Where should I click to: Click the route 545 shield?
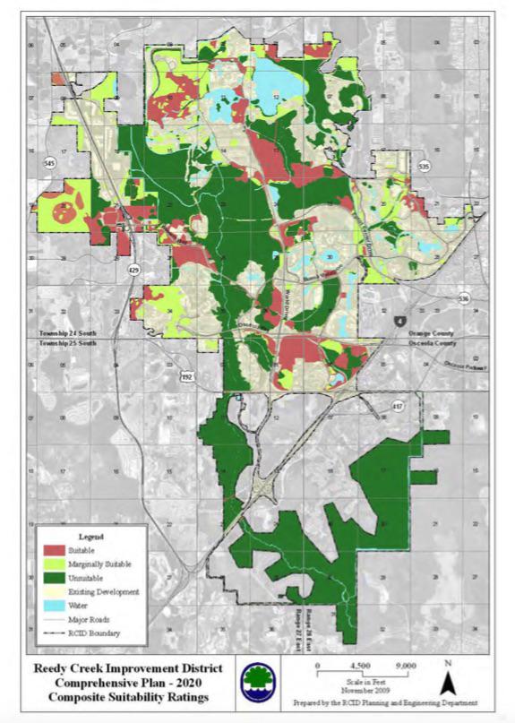[49, 163]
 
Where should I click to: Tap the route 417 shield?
[397, 407]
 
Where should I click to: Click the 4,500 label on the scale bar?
[360, 666]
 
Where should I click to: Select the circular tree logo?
[258, 681]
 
